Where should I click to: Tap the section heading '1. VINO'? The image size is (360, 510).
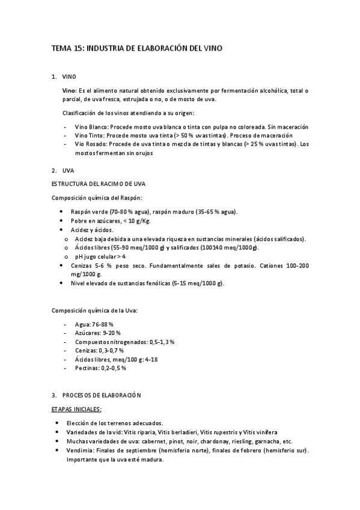click(x=64, y=76)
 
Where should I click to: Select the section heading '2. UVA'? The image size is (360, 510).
click(x=63, y=170)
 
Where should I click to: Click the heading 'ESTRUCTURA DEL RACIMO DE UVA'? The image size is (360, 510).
click(x=99, y=183)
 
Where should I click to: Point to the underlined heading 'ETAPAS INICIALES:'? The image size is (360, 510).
click(x=76, y=409)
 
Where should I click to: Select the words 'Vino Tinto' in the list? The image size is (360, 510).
click(x=87, y=136)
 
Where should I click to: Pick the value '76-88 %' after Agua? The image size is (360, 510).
click(x=103, y=324)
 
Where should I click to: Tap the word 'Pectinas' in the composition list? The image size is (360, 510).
click(x=87, y=367)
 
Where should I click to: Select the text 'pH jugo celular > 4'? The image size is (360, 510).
click(x=100, y=256)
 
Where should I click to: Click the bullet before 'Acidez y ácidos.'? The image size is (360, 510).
click(x=63, y=230)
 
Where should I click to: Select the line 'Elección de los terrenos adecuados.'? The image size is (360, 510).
click(x=119, y=423)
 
